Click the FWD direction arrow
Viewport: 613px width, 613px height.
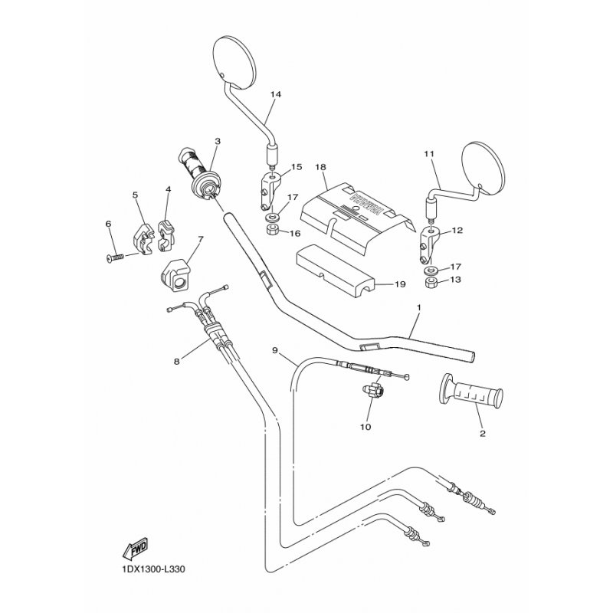click(136, 547)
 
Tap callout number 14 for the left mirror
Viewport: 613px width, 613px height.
click(276, 94)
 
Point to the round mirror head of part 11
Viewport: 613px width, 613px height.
click(484, 168)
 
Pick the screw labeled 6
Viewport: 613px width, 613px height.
click(116, 257)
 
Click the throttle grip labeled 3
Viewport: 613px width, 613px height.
click(200, 172)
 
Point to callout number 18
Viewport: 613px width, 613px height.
click(320, 167)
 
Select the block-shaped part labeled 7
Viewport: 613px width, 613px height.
click(175, 276)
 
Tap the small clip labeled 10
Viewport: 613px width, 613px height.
click(373, 391)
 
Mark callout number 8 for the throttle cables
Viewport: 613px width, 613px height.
click(177, 362)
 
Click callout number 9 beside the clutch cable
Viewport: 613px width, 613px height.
click(275, 350)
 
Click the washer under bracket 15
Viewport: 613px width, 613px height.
click(270, 216)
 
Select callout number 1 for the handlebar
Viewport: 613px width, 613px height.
click(418, 308)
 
